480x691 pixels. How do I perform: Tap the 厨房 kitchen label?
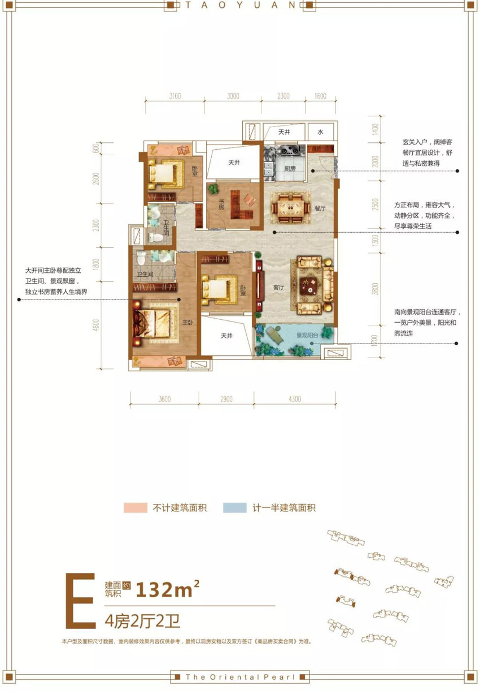point(291,168)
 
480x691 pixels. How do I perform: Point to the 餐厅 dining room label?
point(321,208)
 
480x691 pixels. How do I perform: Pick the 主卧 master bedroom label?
point(187,323)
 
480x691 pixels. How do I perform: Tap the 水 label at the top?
point(320,132)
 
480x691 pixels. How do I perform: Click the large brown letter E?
point(80,600)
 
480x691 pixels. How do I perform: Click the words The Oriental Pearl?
point(240,676)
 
